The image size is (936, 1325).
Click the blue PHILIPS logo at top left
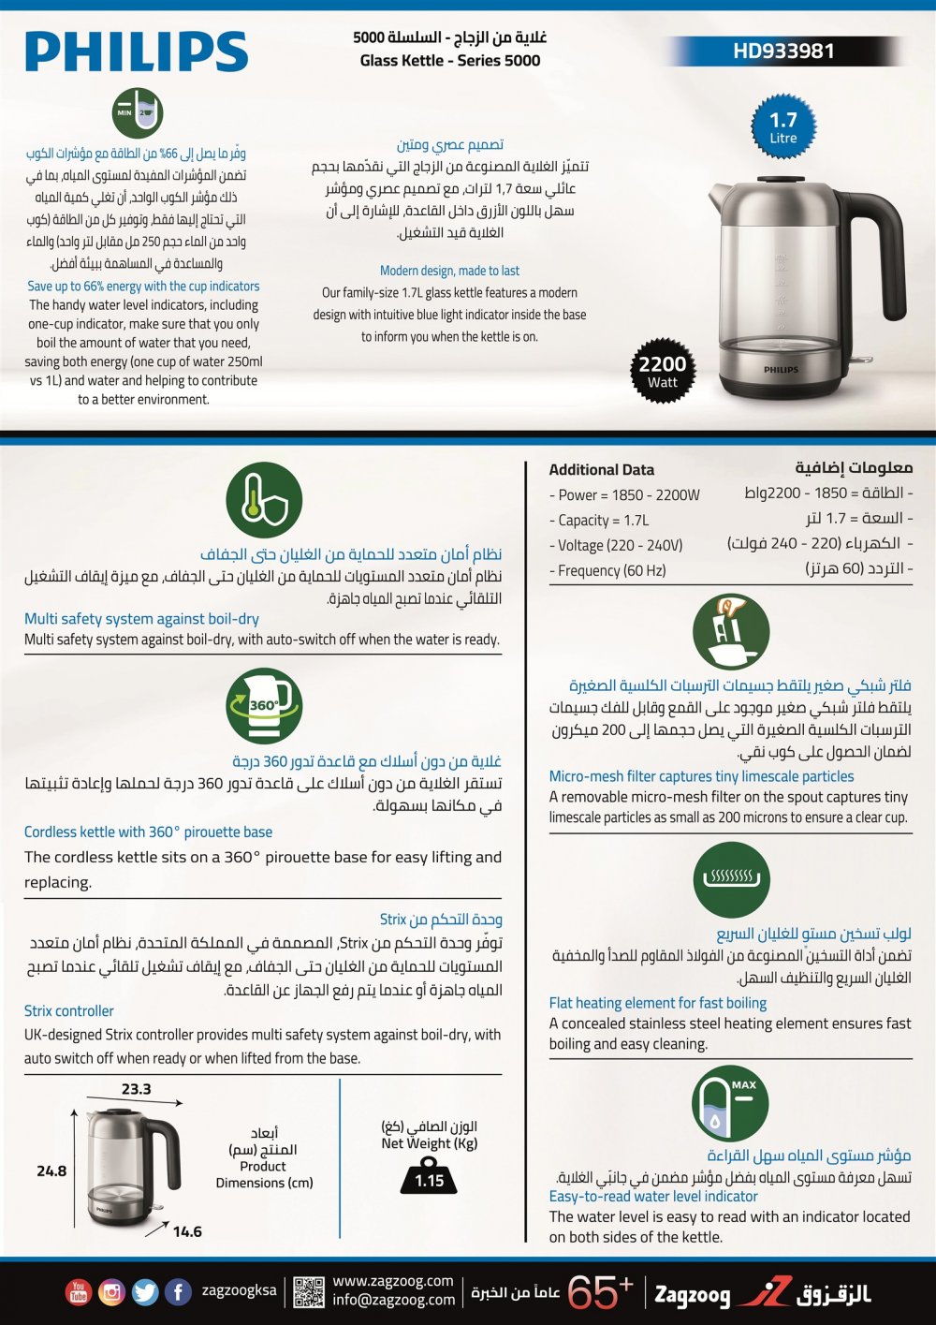pos(137,52)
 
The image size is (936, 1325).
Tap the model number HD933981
pos(783,52)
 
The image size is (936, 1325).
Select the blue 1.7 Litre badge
pos(783,127)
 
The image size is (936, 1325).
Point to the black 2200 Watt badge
pos(663,371)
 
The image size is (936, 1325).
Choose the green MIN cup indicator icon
pos(138,113)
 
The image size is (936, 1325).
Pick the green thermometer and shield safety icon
pos(264,500)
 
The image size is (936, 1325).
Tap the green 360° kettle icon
pos(264,706)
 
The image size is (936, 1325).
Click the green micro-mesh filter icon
pos(731,632)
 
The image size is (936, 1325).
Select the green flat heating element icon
pos(731,879)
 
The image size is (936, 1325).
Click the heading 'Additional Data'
pos(602,470)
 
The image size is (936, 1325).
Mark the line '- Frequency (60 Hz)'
pos(607,570)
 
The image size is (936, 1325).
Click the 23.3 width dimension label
pos(136,1089)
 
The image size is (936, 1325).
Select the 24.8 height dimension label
pos(51,1170)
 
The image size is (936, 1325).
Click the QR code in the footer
pos(308,1292)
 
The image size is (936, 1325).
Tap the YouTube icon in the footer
pos(79,1292)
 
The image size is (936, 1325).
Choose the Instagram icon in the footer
pos(111,1292)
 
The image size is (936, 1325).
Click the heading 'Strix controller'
pos(69,1011)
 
